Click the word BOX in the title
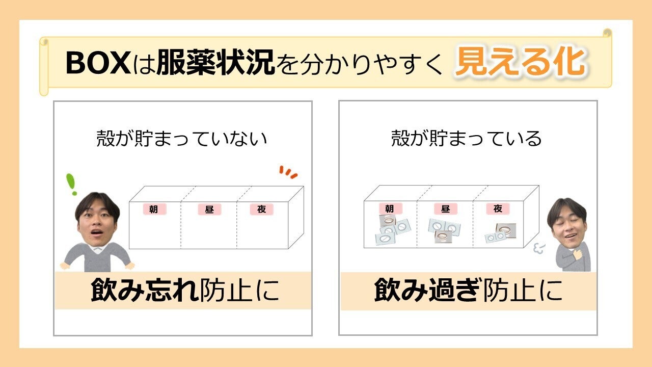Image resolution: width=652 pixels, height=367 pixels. (x=98, y=63)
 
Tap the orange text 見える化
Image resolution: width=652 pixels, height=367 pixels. (x=520, y=62)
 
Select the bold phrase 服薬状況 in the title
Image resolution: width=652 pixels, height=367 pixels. (x=215, y=62)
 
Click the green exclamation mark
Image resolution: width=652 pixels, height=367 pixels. (x=71, y=184)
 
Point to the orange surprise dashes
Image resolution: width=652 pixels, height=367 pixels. (x=288, y=172)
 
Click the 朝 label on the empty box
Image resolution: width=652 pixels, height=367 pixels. (x=154, y=209)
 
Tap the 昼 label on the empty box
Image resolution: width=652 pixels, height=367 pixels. (x=209, y=209)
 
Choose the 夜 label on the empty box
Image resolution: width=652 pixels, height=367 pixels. (x=261, y=209)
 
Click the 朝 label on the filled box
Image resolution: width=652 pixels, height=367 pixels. (x=390, y=208)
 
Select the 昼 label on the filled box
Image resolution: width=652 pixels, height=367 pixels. (x=445, y=208)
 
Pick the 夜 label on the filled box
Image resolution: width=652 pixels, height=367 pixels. (x=498, y=208)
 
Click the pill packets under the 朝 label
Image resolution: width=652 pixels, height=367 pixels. (x=392, y=229)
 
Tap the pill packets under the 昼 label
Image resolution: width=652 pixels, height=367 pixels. (x=444, y=230)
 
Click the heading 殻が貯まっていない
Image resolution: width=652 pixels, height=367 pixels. (x=182, y=138)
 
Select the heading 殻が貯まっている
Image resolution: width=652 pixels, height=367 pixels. (x=466, y=138)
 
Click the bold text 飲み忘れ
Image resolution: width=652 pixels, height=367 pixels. (x=145, y=290)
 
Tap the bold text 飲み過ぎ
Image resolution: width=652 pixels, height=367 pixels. (x=427, y=290)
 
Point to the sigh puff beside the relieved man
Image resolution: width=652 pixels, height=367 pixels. (x=539, y=248)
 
